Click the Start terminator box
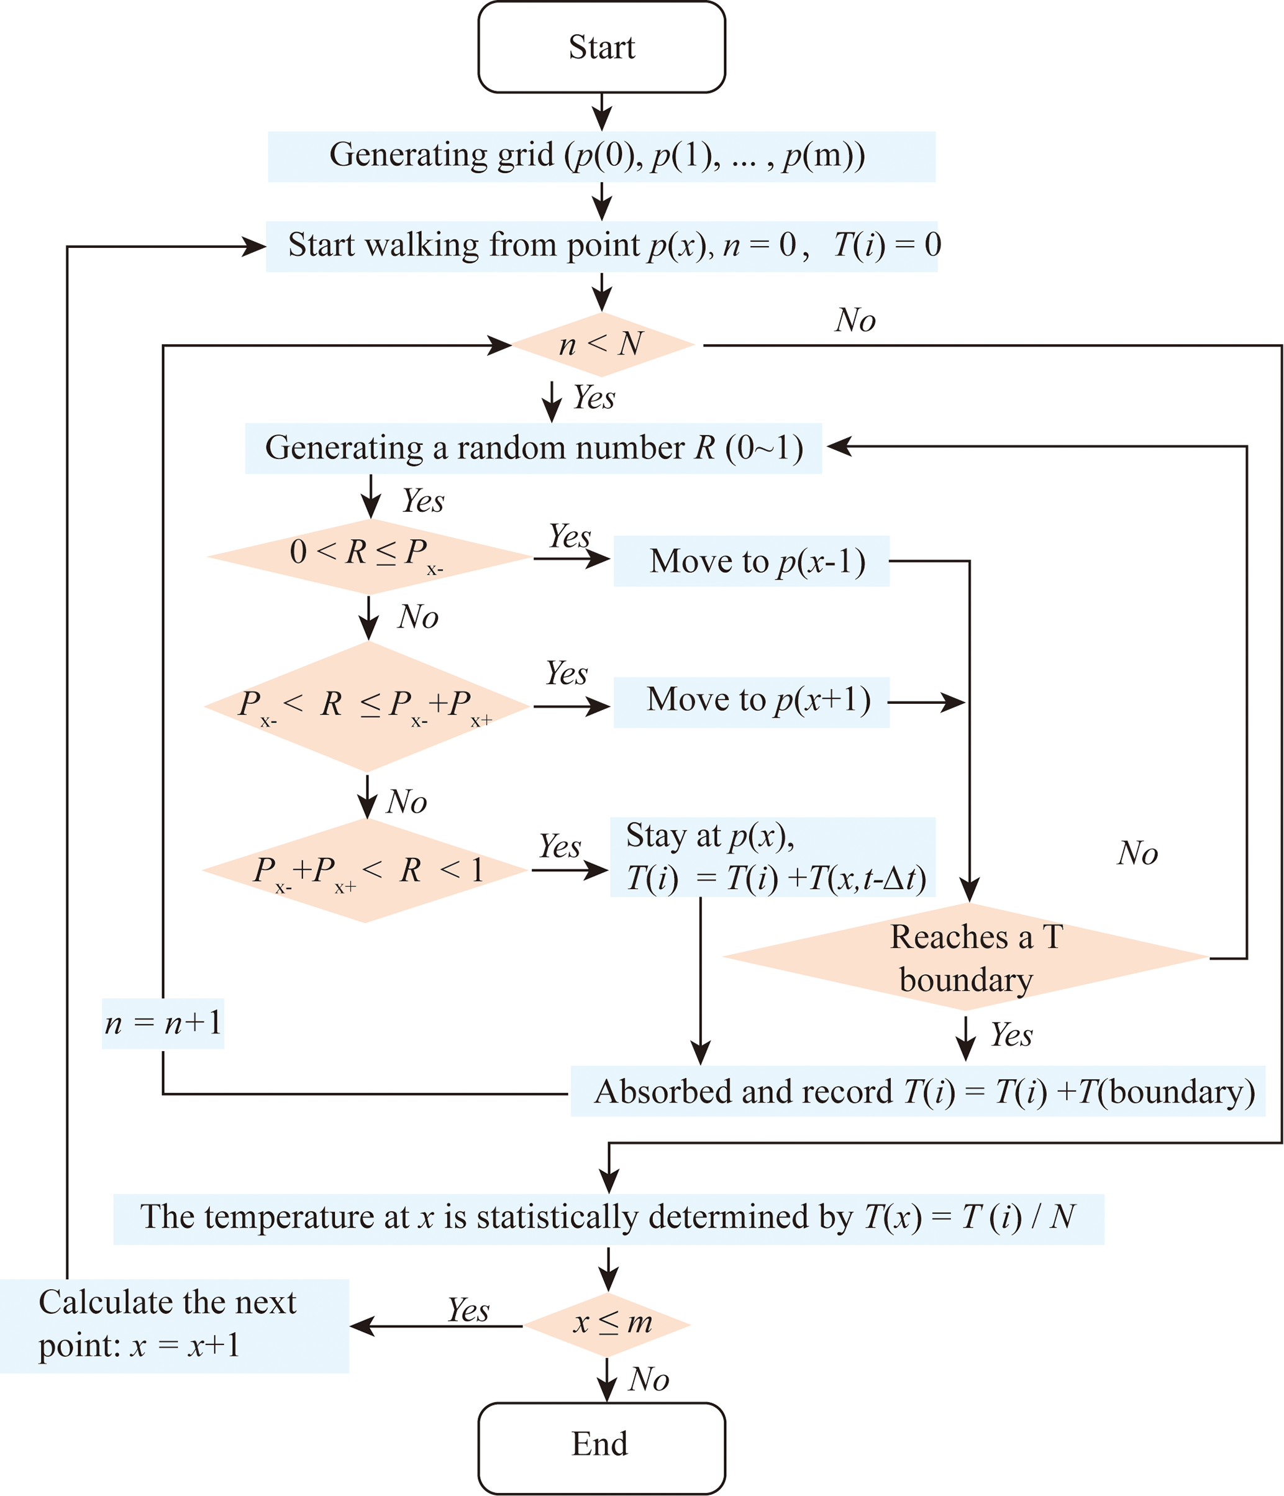coord(601,47)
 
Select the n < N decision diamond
coord(601,344)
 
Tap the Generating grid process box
coord(601,156)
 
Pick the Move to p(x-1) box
coord(750,561)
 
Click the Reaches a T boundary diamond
coord(966,957)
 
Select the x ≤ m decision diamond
coord(607,1324)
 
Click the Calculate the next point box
coord(173,1326)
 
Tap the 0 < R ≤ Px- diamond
coord(369,556)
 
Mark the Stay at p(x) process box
coord(772,857)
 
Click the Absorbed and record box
coord(917,1091)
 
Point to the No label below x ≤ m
coord(648,1380)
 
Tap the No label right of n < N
coord(855,320)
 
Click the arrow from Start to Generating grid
coord(601,112)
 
